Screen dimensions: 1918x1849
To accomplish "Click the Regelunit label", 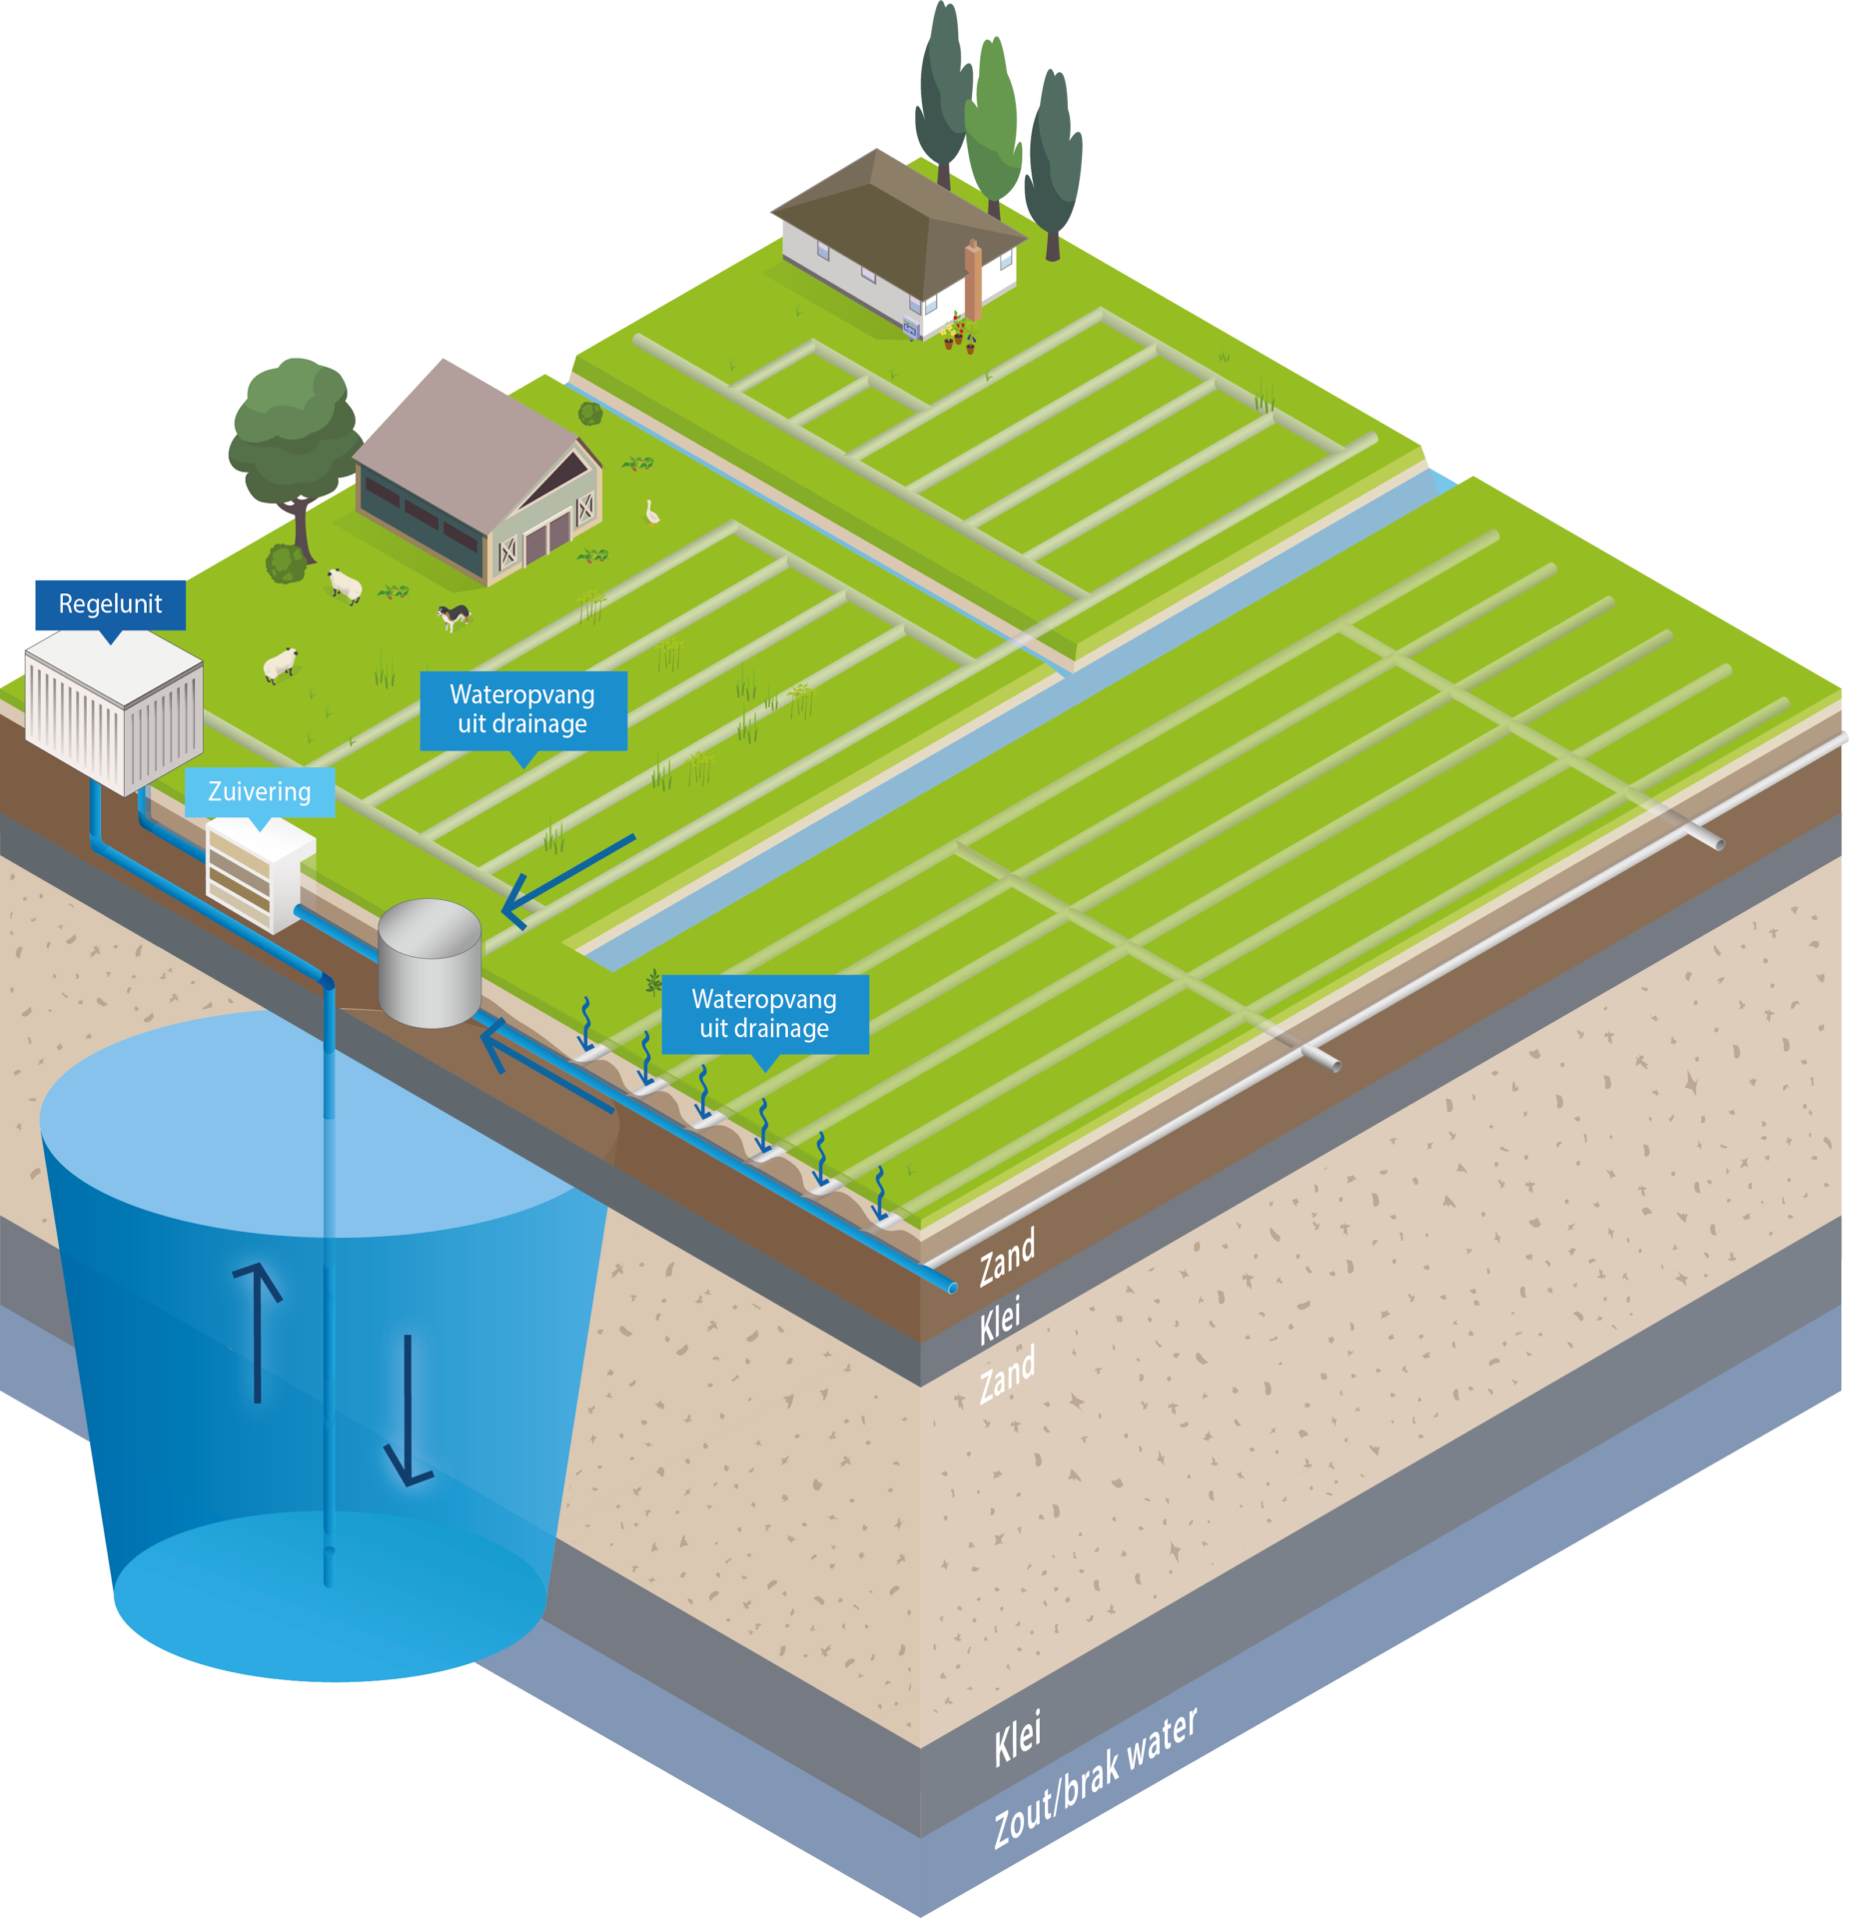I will [x=110, y=603].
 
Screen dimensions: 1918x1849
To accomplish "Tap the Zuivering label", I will [x=259, y=791].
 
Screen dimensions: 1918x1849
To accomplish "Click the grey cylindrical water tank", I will [x=430, y=963].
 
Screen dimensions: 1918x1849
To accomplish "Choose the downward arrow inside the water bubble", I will [x=409, y=1410].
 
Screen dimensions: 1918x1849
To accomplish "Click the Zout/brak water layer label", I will [x=1095, y=1779].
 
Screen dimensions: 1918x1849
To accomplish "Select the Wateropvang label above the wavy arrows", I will [x=764, y=1013].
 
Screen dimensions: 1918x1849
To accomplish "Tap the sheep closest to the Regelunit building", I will [x=281, y=664].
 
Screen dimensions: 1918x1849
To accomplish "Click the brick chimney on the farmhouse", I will [x=972, y=281].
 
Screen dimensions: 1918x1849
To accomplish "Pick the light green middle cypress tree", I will [x=992, y=125].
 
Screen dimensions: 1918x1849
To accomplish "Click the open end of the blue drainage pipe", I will [x=951, y=1288].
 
